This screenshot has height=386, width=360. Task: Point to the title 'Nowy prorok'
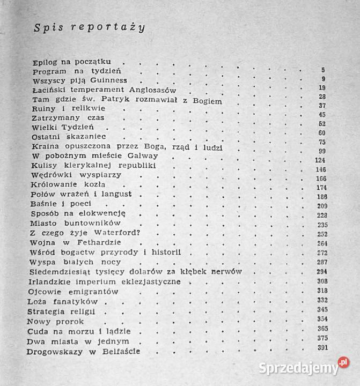point(56,321)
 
